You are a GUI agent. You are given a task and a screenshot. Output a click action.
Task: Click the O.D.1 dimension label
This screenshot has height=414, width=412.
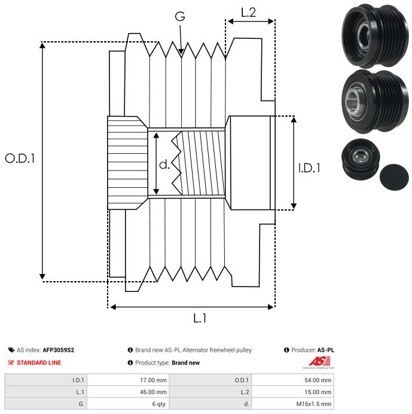pyautogui.click(x=20, y=159)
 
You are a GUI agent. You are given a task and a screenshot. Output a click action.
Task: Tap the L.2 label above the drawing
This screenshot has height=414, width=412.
pyautogui.click(x=248, y=13)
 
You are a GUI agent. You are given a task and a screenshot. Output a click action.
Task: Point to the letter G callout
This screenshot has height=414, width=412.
pyautogui.click(x=180, y=16)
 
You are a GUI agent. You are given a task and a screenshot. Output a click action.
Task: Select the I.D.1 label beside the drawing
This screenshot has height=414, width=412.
pyautogui.click(x=309, y=168)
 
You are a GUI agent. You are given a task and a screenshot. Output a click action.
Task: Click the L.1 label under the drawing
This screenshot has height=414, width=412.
pyautogui.click(x=200, y=318)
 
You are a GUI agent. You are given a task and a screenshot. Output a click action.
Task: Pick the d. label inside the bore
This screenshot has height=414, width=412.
pyautogui.click(x=164, y=165)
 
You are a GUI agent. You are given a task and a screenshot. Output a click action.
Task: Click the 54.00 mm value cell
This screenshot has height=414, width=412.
pyautogui.click(x=318, y=380)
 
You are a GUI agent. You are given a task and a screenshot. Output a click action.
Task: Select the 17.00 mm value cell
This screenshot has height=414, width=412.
pyautogui.click(x=153, y=380)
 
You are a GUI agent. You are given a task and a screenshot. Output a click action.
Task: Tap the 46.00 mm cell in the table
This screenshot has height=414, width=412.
pyautogui.click(x=153, y=392)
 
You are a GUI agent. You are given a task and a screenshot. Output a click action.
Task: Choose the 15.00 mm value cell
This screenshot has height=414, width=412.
pyautogui.click(x=318, y=392)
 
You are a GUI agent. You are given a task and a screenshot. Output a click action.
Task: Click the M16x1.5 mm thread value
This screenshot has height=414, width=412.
pyautogui.click(x=314, y=404)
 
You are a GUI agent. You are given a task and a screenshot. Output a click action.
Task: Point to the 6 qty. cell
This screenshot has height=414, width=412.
pyautogui.click(x=160, y=404)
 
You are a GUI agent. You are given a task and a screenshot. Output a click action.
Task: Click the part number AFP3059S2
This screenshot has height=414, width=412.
pyautogui.click(x=59, y=350)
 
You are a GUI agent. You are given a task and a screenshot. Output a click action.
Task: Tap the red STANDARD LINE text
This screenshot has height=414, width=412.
pyautogui.click(x=39, y=363)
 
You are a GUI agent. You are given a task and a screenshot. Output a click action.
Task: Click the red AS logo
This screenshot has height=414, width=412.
pyautogui.click(x=319, y=361)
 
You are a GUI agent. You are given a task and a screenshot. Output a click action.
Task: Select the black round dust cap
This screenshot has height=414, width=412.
pyautogui.click(x=394, y=177)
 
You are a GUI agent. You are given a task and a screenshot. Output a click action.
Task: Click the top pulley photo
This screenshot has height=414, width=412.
pyautogui.click(x=375, y=36)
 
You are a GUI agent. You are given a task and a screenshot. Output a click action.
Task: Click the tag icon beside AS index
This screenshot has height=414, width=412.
pyautogui.click(x=11, y=350)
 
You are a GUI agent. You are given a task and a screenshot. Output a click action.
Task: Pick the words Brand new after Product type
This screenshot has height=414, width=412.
pyautogui.click(x=185, y=363)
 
